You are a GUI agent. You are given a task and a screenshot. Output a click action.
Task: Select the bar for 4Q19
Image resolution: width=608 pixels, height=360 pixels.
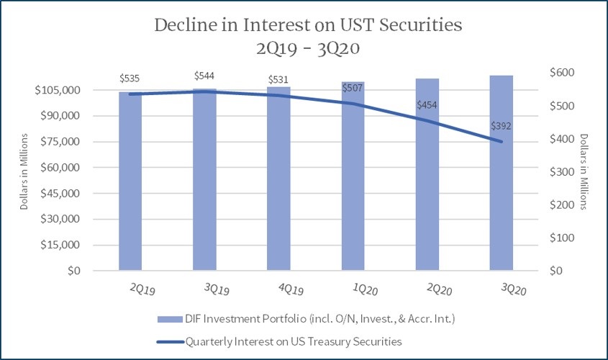pyautogui.click(x=278, y=179)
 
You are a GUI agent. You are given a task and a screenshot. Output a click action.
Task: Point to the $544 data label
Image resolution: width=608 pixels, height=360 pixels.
pyautogui.click(x=205, y=76)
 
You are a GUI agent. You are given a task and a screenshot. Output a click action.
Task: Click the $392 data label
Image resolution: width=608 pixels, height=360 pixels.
pyautogui.click(x=502, y=126)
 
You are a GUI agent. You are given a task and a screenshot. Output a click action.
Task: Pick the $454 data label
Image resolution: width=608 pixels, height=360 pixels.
pyautogui.click(x=427, y=105)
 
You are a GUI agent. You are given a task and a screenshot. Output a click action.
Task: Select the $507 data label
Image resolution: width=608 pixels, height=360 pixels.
pyautogui.click(x=353, y=89)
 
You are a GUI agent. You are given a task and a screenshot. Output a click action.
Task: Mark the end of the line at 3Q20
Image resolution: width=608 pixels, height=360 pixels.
pyautogui.click(x=502, y=142)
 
